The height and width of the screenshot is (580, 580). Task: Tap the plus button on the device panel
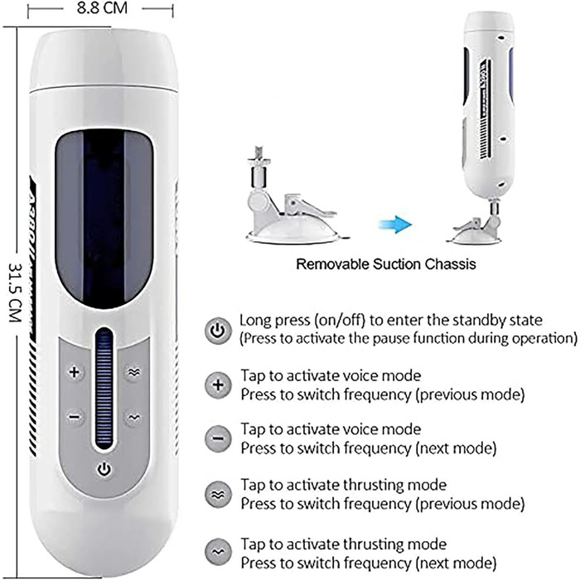coord(74,373)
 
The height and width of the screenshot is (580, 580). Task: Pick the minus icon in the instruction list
coord(217,438)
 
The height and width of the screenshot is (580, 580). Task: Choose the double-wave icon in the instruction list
coord(217,495)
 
